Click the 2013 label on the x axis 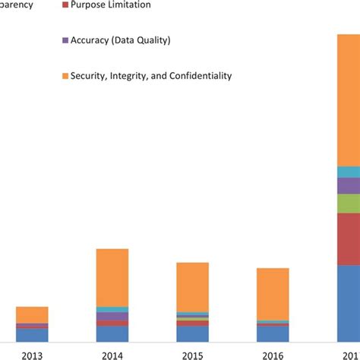32,354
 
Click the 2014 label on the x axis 112,354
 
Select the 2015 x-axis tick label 192,354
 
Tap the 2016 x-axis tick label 273,354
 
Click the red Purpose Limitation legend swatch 64,5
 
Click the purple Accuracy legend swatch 64,40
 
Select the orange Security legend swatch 64,76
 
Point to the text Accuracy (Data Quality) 121,40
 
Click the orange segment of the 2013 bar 32,314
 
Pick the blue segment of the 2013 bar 32,335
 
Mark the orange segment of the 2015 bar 192,286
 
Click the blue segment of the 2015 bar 192,333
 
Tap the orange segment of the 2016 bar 273,293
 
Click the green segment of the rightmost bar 349,204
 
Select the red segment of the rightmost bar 349,238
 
